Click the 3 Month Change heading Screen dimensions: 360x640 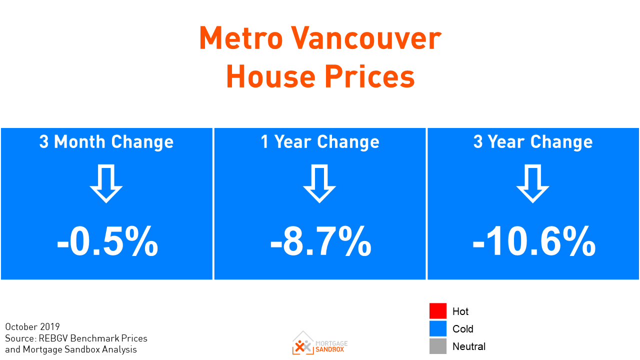(x=106, y=142)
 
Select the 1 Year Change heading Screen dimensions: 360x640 (x=320, y=142)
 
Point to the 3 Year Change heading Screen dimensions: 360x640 (x=533, y=142)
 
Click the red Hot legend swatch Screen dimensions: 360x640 (x=437, y=311)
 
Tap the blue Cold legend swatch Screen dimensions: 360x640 (x=437, y=328)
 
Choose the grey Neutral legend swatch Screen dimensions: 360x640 (x=437, y=346)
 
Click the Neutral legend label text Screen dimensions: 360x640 (x=468, y=346)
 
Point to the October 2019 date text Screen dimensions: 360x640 (x=32, y=327)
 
